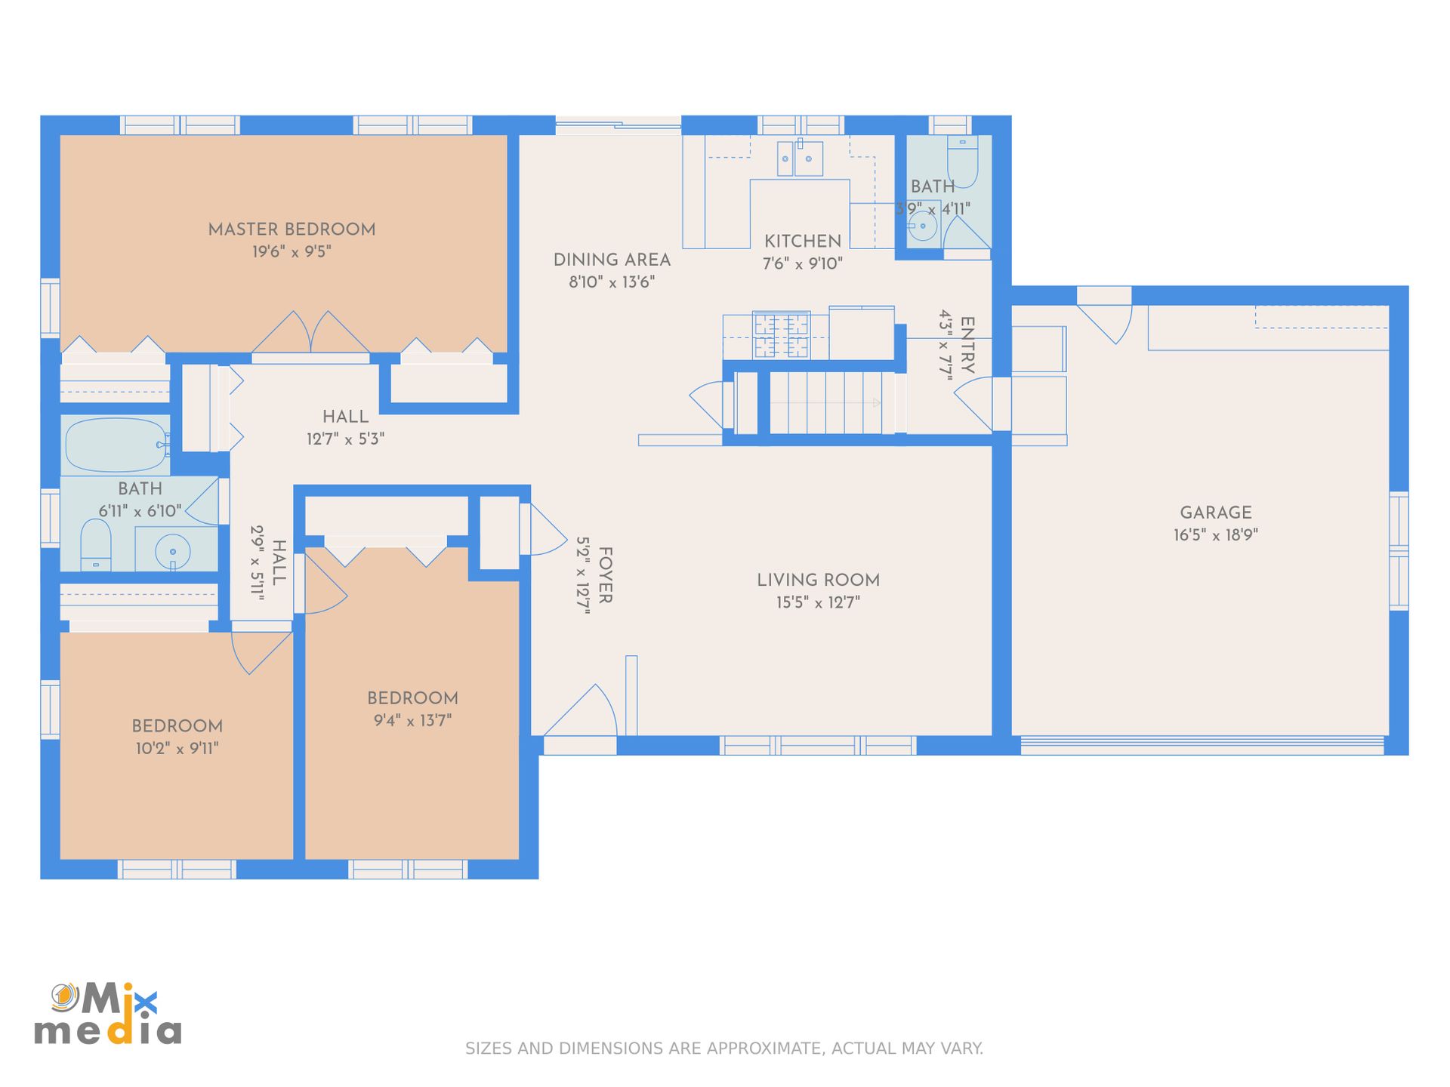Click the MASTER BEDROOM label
tap(292, 229)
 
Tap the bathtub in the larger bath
tap(116, 445)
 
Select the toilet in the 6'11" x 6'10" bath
tap(96, 544)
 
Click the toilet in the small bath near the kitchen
tap(962, 162)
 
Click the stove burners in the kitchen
tap(782, 335)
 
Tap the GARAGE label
tap(1216, 513)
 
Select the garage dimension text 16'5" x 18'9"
tap(1216, 535)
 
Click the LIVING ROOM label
tap(819, 580)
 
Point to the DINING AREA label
tap(612, 260)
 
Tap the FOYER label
tap(606, 575)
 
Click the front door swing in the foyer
tap(582, 710)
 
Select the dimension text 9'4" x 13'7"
tap(412, 721)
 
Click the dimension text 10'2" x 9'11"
tap(177, 749)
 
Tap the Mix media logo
tap(107, 1014)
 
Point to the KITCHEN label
tap(803, 242)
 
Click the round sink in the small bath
tap(923, 226)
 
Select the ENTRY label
tap(967, 345)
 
